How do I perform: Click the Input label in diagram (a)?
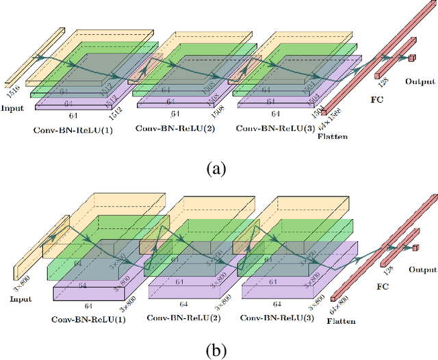click(x=12, y=109)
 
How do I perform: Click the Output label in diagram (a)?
click(x=420, y=81)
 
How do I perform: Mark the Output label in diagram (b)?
click(x=422, y=269)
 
